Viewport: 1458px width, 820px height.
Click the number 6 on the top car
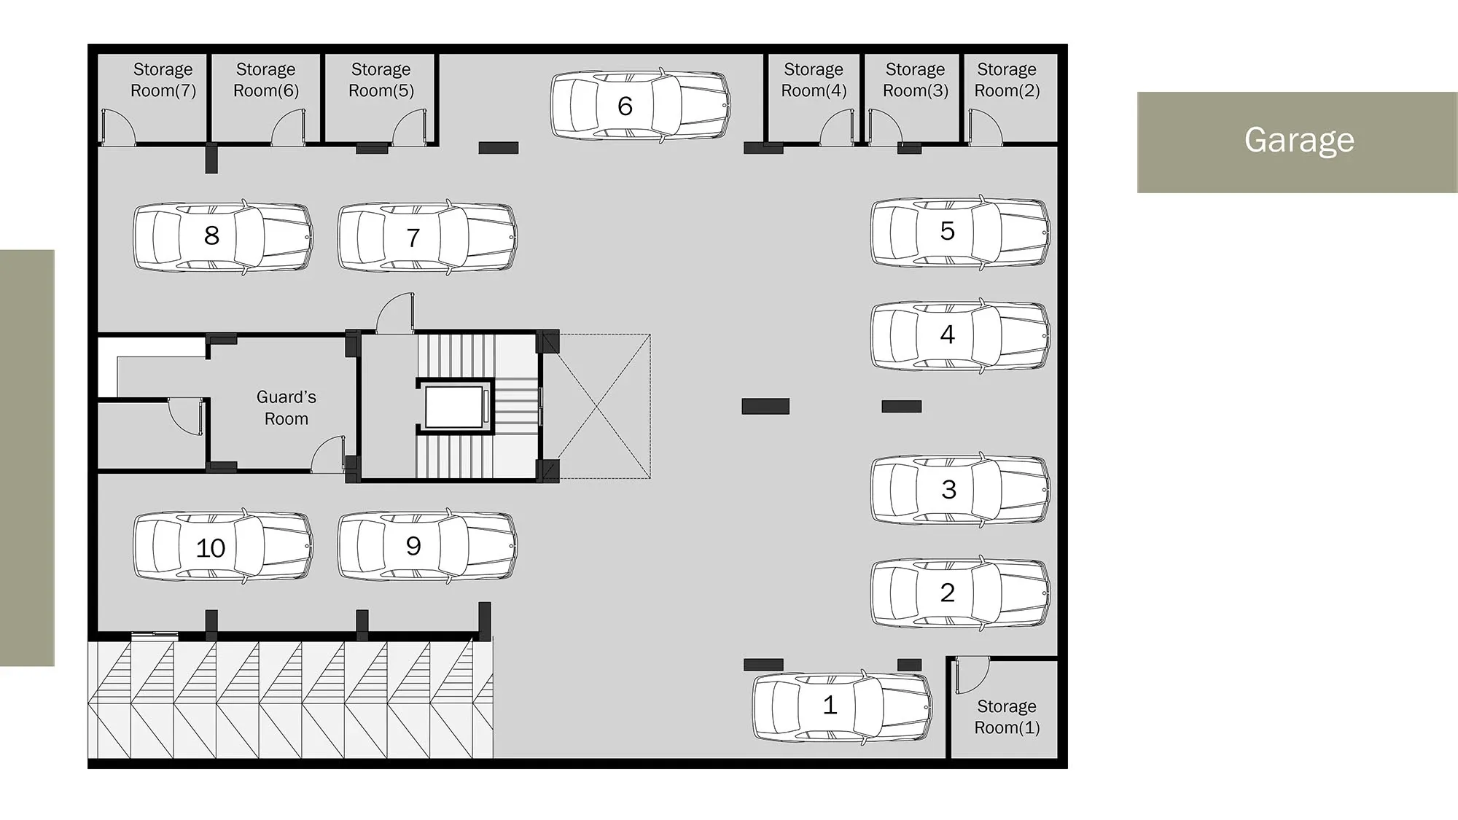tap(625, 106)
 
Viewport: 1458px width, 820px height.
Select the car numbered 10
tap(223, 546)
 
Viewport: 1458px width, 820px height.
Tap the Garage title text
tap(1299, 140)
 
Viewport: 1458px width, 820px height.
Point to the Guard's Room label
tap(286, 407)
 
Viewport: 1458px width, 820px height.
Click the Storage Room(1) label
tap(1007, 716)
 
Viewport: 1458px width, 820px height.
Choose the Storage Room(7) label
tap(163, 79)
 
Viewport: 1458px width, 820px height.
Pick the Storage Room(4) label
tap(814, 79)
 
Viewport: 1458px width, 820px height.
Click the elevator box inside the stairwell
tap(454, 407)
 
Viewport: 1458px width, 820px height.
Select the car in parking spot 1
tap(843, 706)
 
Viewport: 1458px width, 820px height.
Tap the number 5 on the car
tap(947, 231)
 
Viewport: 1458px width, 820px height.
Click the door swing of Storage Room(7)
tap(118, 127)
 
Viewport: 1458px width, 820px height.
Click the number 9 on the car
tap(413, 546)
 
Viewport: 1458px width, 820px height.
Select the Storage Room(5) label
tap(381, 79)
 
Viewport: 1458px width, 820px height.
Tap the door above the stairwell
tap(395, 313)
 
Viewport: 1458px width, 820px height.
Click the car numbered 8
tap(223, 237)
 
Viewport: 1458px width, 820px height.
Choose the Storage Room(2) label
tap(1007, 79)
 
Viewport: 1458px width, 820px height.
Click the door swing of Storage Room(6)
tap(289, 127)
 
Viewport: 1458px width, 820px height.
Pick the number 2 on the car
tap(947, 593)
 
